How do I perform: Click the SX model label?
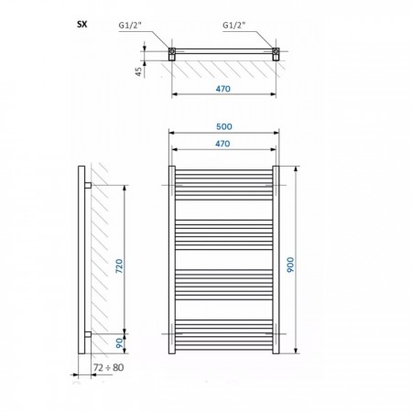[82, 25]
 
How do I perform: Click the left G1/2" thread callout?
[130, 25]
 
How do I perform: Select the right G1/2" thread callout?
[233, 25]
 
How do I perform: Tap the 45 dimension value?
[138, 71]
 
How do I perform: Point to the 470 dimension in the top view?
[223, 89]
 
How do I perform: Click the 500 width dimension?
[224, 126]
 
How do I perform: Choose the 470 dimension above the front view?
[222, 144]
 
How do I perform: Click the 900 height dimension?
[290, 265]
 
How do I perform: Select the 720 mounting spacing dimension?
[119, 266]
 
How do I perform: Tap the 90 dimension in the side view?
[120, 343]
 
